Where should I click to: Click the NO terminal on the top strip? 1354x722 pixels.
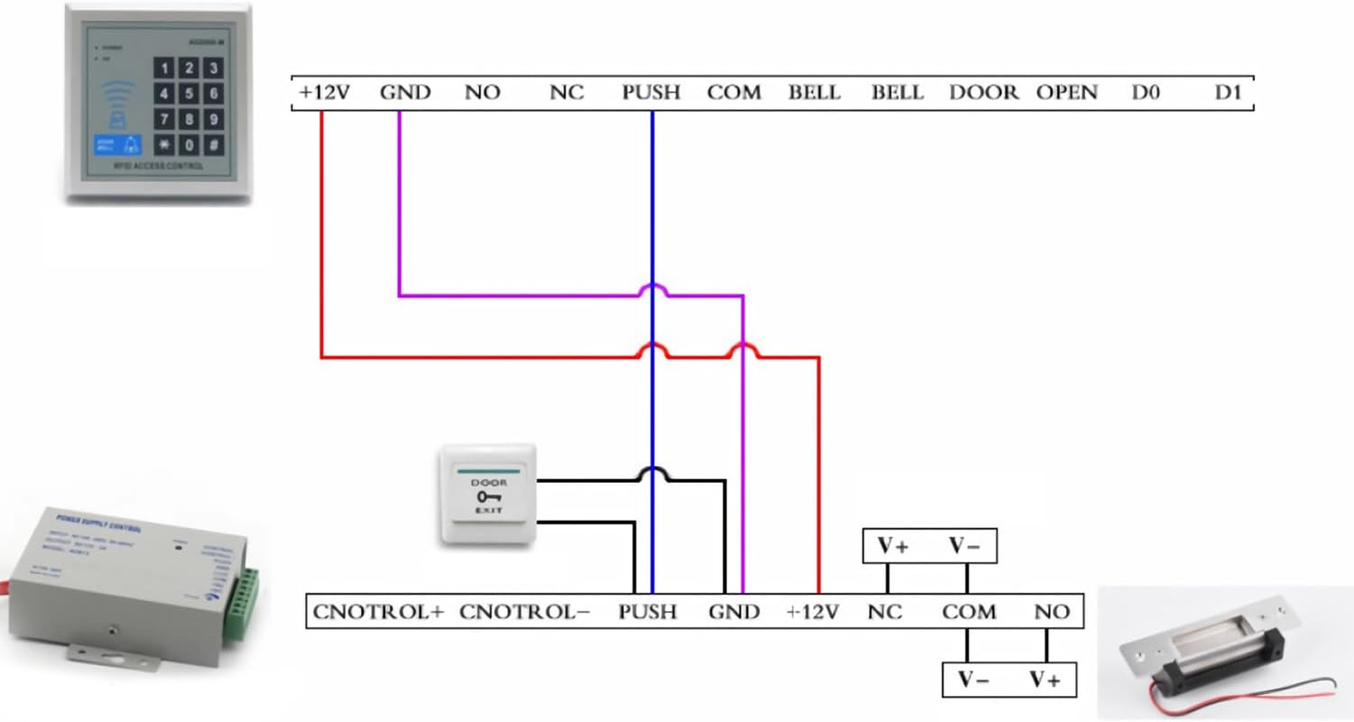pos(482,92)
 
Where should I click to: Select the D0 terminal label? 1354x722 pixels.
pos(1145,92)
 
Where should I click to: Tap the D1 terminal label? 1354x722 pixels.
pos(1229,92)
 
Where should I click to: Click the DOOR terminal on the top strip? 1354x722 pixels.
pos(983,92)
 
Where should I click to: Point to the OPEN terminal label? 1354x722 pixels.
pos(1066,92)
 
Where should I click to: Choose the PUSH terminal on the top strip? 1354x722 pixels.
pos(650,92)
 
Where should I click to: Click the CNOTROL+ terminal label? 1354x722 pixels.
pos(378,612)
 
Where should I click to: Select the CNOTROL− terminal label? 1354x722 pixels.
pos(524,612)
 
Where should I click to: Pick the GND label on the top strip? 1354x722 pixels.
pos(405,92)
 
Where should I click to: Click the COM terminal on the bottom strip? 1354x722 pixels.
pos(969,612)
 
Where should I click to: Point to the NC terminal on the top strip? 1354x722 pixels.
pos(566,92)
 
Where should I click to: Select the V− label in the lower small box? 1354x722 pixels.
pos(973,680)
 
